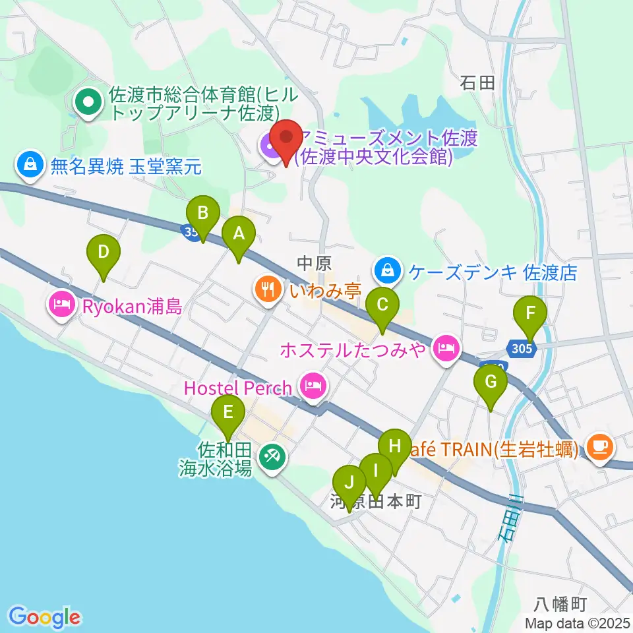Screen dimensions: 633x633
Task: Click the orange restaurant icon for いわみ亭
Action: coord(267,288)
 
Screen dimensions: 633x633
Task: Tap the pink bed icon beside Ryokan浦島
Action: coord(61,305)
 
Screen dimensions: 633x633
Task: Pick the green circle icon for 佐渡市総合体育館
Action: coord(87,102)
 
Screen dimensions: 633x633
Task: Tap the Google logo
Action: coord(44,617)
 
